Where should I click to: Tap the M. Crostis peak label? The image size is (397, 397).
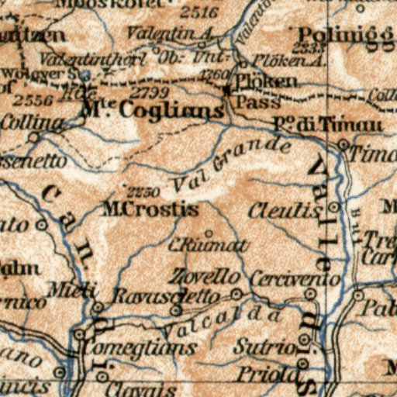pyautogui.click(x=150, y=209)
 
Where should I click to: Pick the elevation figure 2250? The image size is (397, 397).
pyautogui.click(x=143, y=192)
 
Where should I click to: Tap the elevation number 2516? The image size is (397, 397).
pyautogui.click(x=198, y=12)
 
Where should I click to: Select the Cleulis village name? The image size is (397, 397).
pyautogui.click(x=285, y=211)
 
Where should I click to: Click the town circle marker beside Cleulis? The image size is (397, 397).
pyautogui.click(x=333, y=208)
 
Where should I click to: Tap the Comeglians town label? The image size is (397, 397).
pyautogui.click(x=140, y=348)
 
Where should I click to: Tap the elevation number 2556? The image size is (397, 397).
pyautogui.click(x=33, y=101)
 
